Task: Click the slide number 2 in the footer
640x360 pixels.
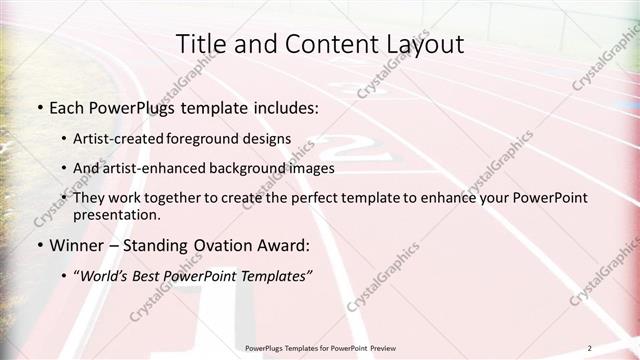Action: click(x=589, y=348)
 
